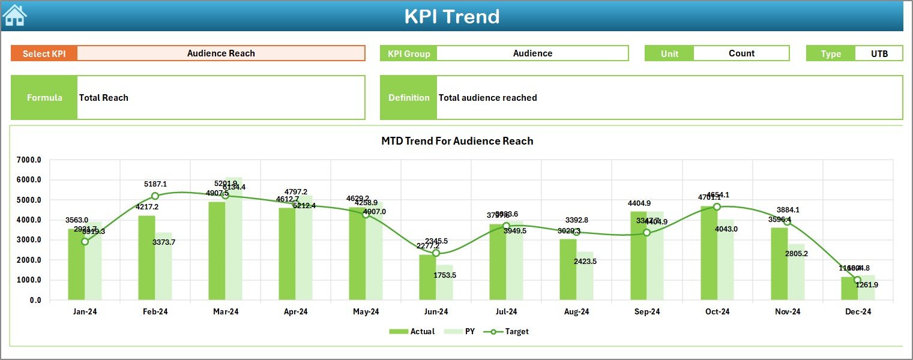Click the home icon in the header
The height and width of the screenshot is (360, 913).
tap(14, 16)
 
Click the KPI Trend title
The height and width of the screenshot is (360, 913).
tap(451, 16)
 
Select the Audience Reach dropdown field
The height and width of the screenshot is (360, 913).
tap(221, 53)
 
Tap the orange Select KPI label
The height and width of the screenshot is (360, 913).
tap(44, 53)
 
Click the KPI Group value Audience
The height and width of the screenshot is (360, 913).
tap(532, 53)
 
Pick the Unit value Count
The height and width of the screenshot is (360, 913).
tap(741, 53)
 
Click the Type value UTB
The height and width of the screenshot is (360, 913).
tap(879, 53)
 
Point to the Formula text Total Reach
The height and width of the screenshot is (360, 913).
tap(104, 98)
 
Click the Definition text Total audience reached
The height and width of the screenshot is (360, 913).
tap(487, 98)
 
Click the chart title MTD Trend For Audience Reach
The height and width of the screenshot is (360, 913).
tap(457, 141)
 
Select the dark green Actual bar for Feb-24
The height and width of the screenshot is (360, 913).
tap(146, 258)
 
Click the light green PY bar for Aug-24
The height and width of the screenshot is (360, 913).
tap(585, 276)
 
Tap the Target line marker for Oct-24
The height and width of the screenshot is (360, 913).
tap(717, 206)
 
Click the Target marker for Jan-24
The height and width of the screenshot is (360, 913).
tap(85, 241)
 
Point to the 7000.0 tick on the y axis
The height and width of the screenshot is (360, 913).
tap(29, 160)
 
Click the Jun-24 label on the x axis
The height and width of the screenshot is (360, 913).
tap(436, 312)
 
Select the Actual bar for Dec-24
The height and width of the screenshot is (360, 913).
tap(849, 289)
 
